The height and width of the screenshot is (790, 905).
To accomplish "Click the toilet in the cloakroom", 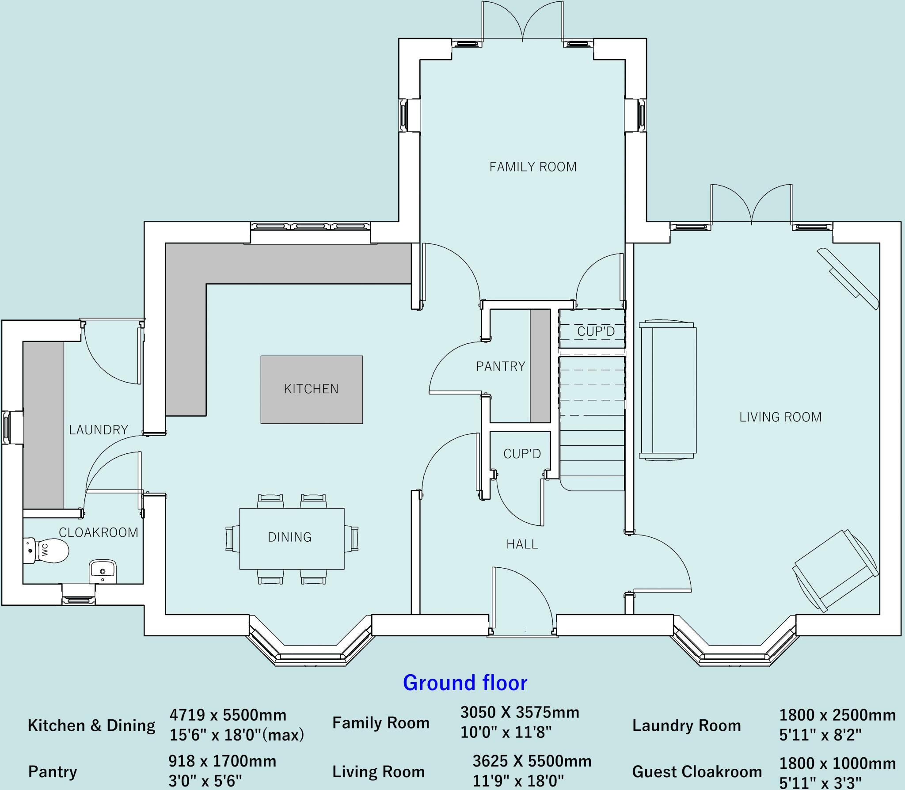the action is coord(46,551).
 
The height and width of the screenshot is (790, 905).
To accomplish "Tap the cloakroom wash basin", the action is coord(103,571).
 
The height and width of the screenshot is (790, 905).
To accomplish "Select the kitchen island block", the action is coord(312,390).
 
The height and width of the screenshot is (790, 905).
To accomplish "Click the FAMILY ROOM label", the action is coord(533,167).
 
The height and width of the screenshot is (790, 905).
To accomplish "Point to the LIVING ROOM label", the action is coord(780,417).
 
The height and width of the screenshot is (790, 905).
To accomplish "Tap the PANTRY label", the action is coord(501,366).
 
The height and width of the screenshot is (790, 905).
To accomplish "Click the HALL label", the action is coord(522,544).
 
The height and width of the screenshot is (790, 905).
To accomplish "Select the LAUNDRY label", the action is coord(99,430).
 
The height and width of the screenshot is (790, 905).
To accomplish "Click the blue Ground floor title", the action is coord(465,683).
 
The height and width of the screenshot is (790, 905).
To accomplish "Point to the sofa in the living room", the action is coord(668,391).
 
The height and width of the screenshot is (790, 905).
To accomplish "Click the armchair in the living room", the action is coord(836,571).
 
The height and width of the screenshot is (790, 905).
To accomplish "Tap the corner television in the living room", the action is coord(848,279).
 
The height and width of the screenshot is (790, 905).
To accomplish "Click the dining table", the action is coord(292,539).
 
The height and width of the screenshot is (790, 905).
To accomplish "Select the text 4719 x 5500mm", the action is coord(228,715).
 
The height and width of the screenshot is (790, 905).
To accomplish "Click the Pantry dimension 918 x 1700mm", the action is coord(222,761).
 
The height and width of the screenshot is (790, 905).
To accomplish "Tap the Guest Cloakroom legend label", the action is coord(697,772).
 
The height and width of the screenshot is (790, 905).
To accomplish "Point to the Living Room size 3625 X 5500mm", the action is coord(532,761).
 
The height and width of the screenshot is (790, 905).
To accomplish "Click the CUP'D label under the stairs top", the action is coord(596,331).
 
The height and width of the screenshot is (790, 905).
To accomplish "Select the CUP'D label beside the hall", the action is coord(522,454).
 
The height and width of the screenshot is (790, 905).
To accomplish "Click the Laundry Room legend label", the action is coord(686,725).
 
